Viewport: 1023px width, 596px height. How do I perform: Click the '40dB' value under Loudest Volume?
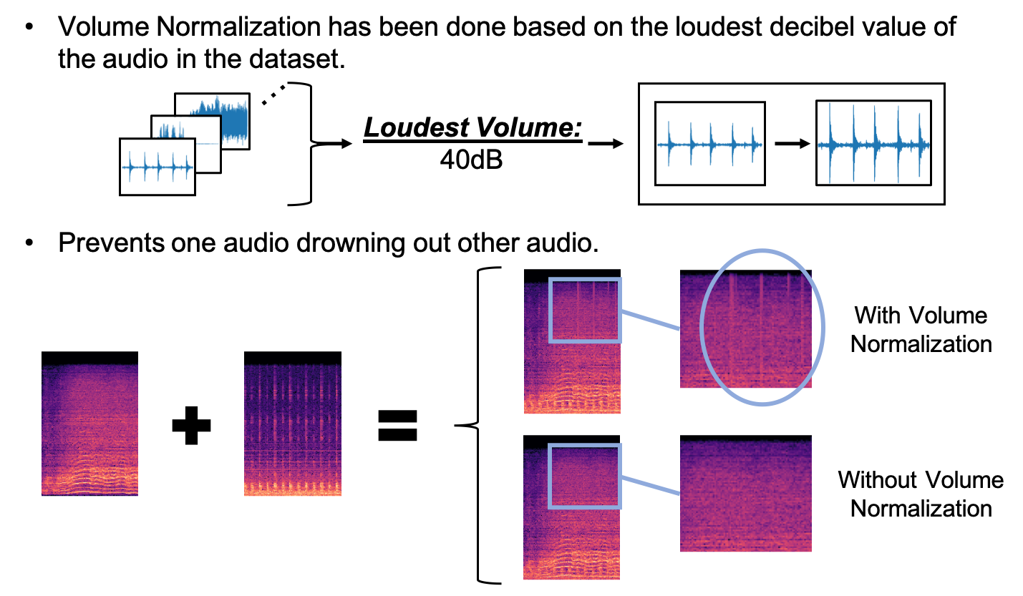pos(472,160)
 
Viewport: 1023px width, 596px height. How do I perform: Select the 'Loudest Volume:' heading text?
pos(472,129)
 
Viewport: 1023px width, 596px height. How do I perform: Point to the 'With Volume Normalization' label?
pos(921,329)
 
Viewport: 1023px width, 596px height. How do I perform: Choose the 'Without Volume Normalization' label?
pos(921,494)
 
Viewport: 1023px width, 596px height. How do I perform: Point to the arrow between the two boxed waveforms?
pos(790,144)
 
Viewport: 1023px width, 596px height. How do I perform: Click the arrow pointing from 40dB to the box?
pos(603,143)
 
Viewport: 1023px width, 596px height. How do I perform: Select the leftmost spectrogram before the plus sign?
pos(89,423)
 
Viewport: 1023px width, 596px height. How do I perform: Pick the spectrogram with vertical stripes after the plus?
pos(292,423)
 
